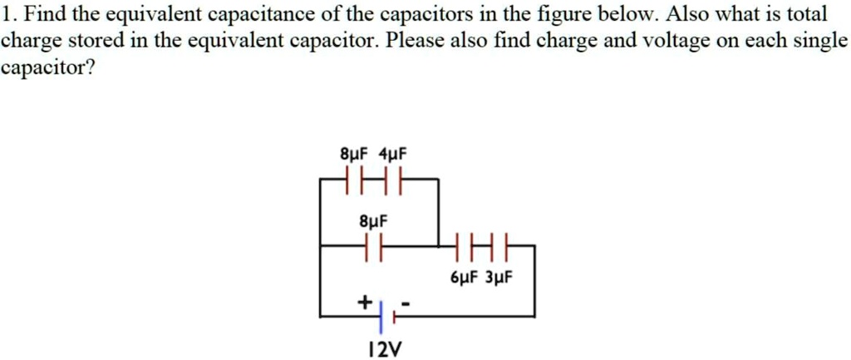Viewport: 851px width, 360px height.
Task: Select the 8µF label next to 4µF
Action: tap(356, 155)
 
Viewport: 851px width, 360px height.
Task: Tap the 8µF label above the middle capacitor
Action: tap(372, 222)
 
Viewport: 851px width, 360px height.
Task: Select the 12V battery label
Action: tap(382, 348)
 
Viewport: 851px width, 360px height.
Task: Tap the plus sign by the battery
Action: tap(363, 303)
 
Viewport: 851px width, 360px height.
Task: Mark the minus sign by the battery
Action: tap(405, 303)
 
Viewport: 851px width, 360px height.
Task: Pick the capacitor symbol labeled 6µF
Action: tap(462, 246)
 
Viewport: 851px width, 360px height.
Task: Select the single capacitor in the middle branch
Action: tap(372, 246)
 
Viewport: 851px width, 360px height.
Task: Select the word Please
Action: tap(416, 42)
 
